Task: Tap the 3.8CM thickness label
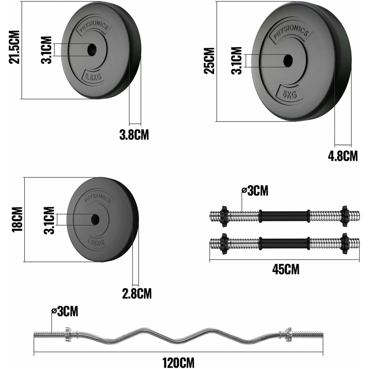coord(134,135)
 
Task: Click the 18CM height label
coord(17,219)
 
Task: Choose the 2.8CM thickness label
coord(137,293)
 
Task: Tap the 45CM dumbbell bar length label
coord(286,269)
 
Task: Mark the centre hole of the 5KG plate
coord(288,60)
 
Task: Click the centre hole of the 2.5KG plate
coord(92,50)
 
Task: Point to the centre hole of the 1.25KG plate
coord(95,219)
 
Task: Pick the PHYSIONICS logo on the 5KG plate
coord(291,32)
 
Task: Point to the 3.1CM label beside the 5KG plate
coord(236,60)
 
